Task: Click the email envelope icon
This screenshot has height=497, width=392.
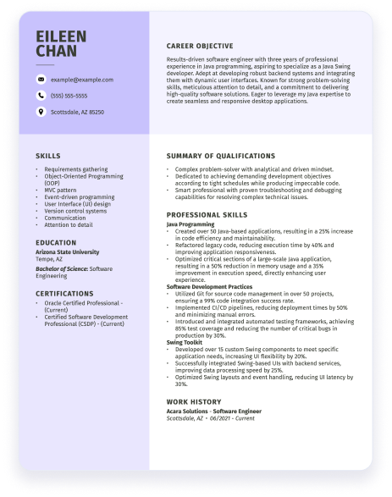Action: [41, 79]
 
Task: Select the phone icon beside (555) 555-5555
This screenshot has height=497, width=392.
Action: [41, 96]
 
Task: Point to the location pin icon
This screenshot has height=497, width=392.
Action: [41, 112]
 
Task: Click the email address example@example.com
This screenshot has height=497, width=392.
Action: [81, 79]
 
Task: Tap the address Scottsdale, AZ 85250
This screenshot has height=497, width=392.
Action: [77, 112]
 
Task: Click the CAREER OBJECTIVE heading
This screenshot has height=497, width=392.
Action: [200, 46]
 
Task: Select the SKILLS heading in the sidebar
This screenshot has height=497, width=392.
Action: [47, 156]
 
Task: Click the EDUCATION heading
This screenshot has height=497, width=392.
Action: [56, 242]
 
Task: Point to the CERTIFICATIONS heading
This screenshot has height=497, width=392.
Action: [64, 293]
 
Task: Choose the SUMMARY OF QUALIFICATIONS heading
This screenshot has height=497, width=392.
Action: [221, 156]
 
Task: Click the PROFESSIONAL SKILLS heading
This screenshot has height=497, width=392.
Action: [207, 215]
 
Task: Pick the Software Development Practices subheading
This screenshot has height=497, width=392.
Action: [209, 287]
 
